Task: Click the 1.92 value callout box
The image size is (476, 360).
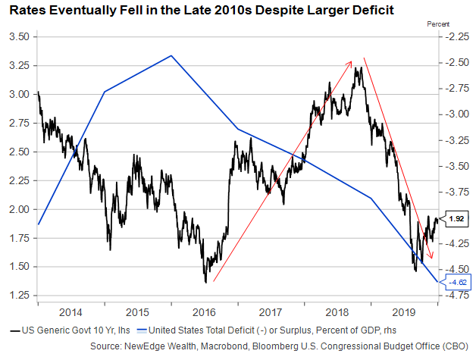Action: coord(457,219)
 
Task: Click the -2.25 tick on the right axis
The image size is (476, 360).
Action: coord(456,37)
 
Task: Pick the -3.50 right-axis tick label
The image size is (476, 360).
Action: coord(456,166)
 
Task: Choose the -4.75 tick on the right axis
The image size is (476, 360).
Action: coord(456,296)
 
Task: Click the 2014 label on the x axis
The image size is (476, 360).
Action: coord(70,312)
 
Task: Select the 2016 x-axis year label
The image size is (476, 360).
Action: coord(205,312)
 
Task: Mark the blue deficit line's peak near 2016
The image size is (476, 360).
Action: coord(171,55)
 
